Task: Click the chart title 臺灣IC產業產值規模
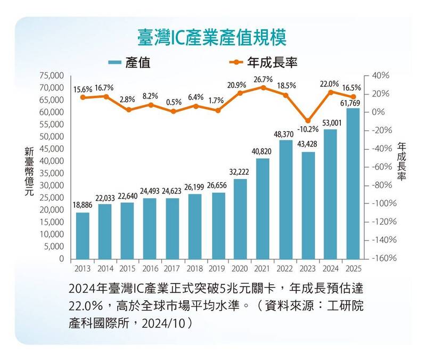click(212, 38)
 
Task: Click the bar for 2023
click(308, 205)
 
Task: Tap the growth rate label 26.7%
click(263, 79)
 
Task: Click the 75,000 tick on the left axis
click(51, 76)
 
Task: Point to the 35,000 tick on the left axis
click(51, 173)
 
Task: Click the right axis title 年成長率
click(401, 161)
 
